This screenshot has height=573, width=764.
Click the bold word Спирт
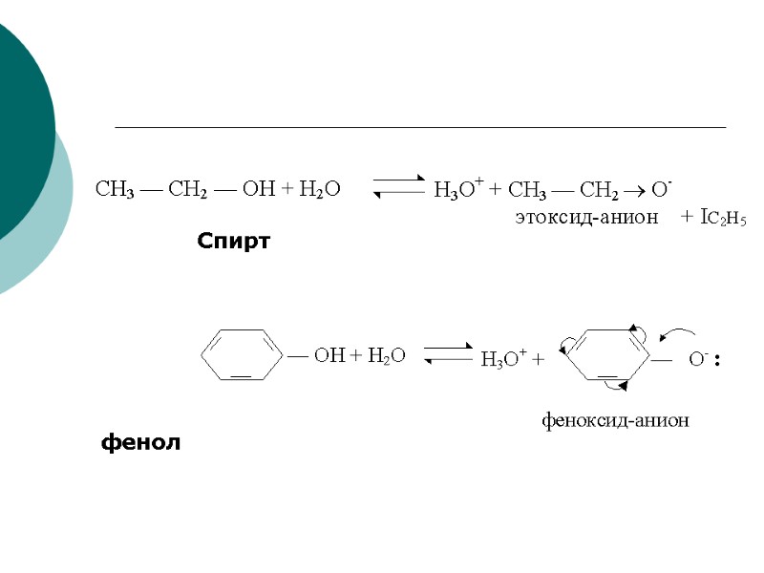(234, 242)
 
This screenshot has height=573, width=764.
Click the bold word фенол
(140, 443)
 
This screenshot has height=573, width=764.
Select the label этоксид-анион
(586, 218)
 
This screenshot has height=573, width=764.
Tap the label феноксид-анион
(616, 419)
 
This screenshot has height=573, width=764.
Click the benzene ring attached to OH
(242, 355)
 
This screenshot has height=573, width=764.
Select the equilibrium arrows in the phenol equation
(449, 352)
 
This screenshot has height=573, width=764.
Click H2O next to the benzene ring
(387, 355)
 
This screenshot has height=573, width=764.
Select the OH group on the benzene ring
(329, 355)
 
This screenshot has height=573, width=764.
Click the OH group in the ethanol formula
(258, 188)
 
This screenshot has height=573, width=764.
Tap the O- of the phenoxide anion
(698, 360)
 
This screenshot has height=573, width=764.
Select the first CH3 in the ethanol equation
(116, 188)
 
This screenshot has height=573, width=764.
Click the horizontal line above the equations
(420, 127)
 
